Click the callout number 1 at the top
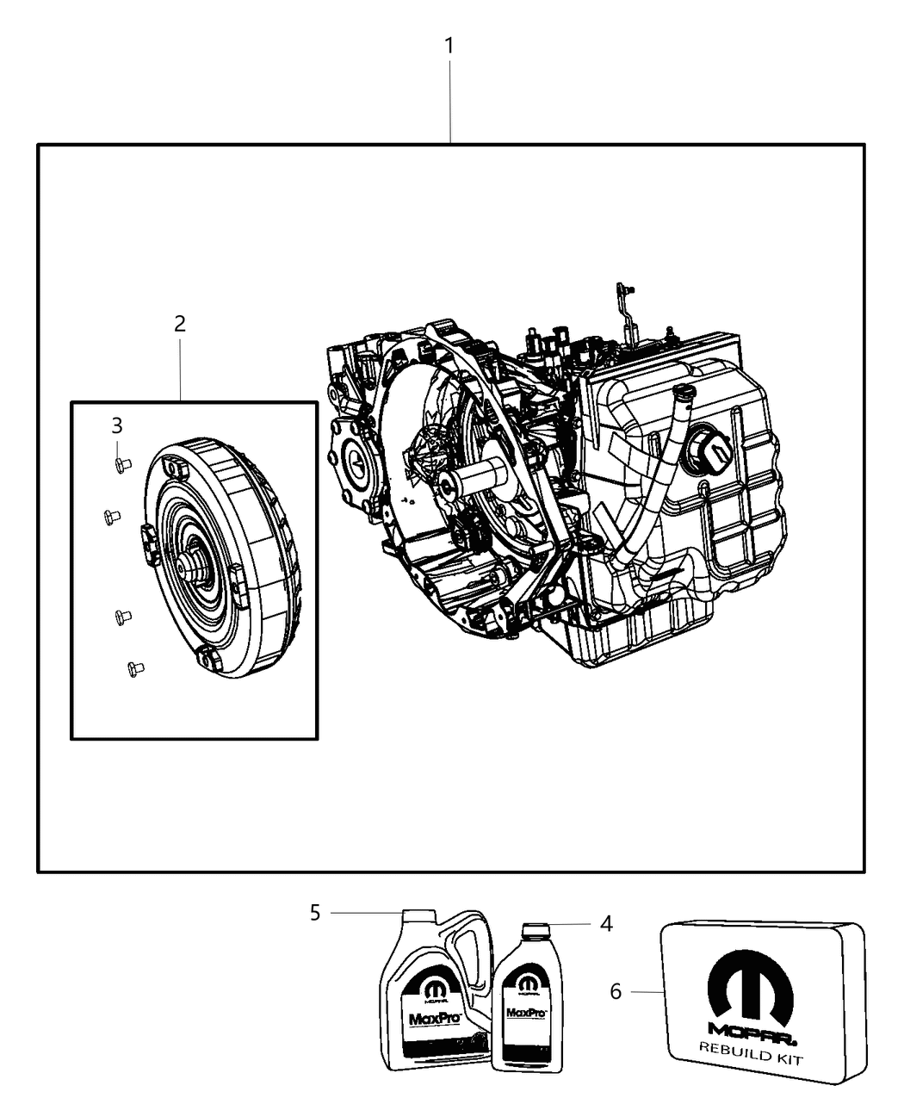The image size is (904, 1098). tap(449, 46)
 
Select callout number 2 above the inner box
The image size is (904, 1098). tap(179, 325)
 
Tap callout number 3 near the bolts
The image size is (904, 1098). tap(116, 425)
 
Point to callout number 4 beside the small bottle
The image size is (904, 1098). tap(606, 924)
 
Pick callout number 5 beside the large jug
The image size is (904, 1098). tap(315, 913)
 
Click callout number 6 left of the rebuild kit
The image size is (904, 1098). tap(616, 992)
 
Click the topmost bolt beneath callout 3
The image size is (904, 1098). tap(122, 465)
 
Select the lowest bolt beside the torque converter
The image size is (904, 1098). tap(134, 668)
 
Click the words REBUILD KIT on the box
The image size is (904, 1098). tap(752, 1052)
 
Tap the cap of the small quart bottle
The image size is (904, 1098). tap(535, 930)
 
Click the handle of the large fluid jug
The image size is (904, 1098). tap(469, 956)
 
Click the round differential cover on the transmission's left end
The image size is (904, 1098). tap(356, 464)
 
